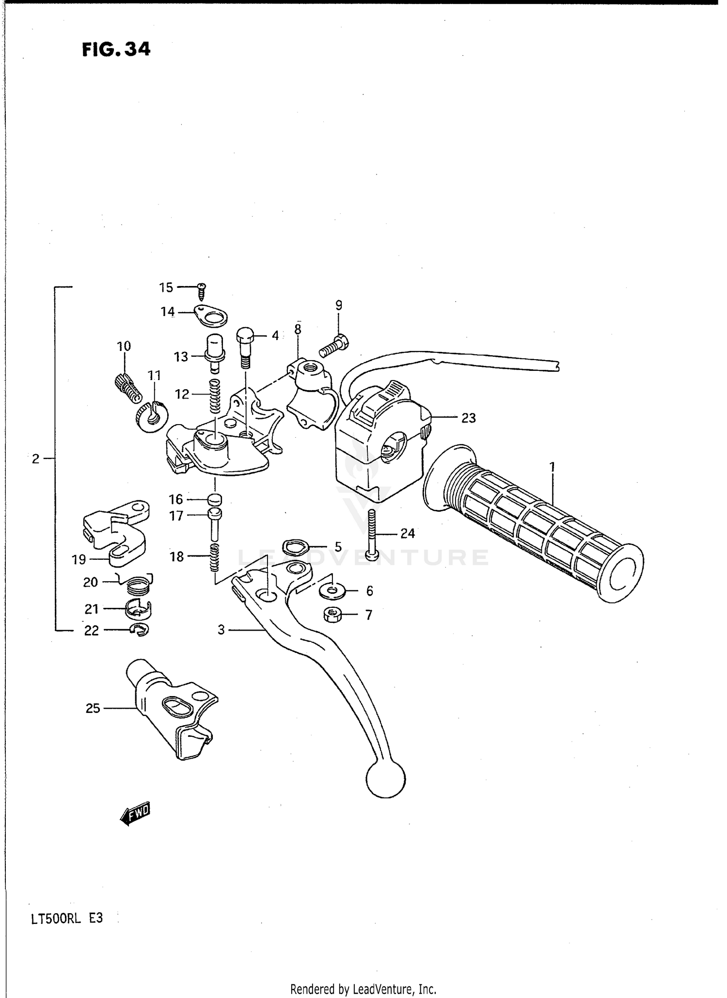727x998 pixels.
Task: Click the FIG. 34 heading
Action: click(x=116, y=49)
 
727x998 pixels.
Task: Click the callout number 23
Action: click(x=468, y=418)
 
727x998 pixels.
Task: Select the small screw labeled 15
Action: click(x=202, y=291)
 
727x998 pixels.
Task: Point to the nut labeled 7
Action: click(x=332, y=616)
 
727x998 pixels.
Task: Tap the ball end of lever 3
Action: click(x=386, y=779)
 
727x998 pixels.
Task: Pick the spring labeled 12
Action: click(x=215, y=396)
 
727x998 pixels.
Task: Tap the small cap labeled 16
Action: click(x=215, y=499)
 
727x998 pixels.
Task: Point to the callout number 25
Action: click(x=93, y=709)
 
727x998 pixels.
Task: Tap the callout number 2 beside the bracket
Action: click(x=35, y=459)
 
